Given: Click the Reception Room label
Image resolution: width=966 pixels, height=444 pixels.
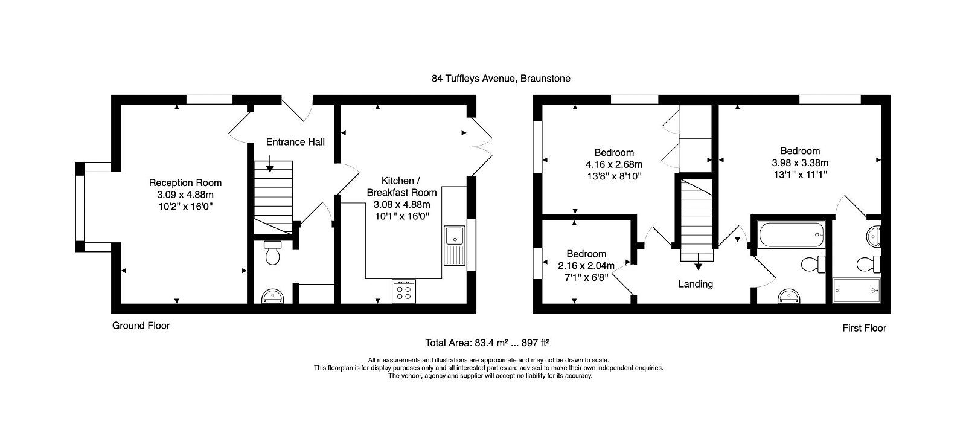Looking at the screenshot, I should pos(185,182).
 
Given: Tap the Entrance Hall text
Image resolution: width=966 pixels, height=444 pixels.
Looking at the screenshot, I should pos(295,142).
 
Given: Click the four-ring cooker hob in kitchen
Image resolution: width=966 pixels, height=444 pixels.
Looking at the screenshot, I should pos(404,291).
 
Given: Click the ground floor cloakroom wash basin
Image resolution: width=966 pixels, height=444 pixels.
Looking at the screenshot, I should pos(273,296).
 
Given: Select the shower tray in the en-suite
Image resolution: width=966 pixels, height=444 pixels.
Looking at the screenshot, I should pos(857,290).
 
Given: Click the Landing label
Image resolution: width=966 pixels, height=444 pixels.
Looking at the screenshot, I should pos(696,284).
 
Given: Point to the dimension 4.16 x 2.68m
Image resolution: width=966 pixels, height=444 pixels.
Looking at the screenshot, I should pos(613,164).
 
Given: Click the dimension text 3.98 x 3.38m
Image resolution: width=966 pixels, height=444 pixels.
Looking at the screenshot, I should pos(799,162).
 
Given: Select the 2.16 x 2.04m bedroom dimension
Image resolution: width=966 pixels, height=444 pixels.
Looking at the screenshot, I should pos(586,266).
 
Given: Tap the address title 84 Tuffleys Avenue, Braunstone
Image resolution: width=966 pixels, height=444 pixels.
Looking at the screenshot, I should pos(501,78).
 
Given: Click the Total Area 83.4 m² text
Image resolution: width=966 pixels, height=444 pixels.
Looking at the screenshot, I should pos(487,343).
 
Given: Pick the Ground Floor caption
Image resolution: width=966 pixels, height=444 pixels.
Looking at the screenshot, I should pos(141,326).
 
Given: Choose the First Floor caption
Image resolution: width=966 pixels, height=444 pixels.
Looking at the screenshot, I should pos(864,328).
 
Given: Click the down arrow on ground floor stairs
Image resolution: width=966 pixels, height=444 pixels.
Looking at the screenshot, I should pos(270,163).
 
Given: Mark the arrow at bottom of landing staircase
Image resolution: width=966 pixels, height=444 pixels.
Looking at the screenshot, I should pos(698,265).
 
